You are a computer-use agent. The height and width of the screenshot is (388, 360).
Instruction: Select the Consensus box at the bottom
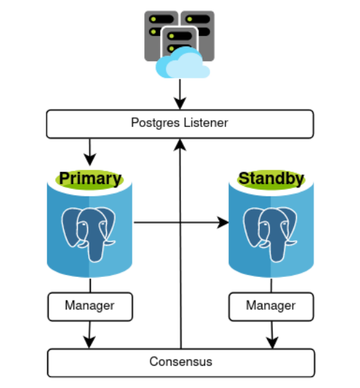pos(180,362)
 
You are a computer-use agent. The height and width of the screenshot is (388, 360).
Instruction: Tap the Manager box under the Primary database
pos(89,305)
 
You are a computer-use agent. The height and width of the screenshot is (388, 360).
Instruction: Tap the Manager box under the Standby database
pos(271,305)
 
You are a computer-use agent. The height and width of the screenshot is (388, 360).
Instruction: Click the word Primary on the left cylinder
pos(89,178)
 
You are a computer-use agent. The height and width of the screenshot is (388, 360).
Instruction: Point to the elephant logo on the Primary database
pos(89,232)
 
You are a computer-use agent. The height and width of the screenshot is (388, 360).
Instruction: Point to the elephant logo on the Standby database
pos(271,232)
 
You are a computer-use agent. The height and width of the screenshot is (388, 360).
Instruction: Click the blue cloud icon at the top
pos(182,62)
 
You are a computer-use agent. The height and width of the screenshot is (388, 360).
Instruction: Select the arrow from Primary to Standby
pos(180,223)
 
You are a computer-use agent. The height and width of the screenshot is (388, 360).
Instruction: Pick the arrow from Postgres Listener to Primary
pos(89,148)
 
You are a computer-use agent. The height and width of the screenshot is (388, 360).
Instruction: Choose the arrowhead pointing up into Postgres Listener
pos(180,143)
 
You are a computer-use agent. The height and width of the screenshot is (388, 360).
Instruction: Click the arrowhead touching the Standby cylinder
pos(223,223)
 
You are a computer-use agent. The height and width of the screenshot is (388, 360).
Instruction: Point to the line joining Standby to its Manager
pos(271,286)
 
